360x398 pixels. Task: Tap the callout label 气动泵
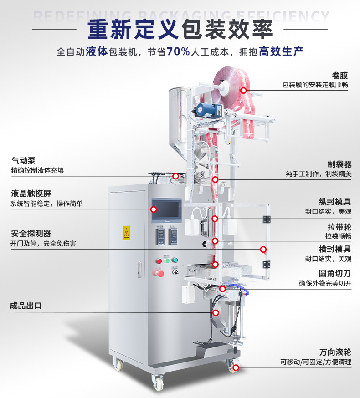(23, 161)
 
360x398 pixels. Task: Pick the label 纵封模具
(335, 202)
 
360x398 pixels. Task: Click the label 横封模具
(335, 249)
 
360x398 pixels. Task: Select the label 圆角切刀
(335, 274)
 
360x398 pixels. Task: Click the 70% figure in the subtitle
(178, 51)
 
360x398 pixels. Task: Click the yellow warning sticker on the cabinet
(126, 233)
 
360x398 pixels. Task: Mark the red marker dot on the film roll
(244, 91)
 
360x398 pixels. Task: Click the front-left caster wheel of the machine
(118, 364)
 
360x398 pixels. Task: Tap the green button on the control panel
(175, 260)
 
